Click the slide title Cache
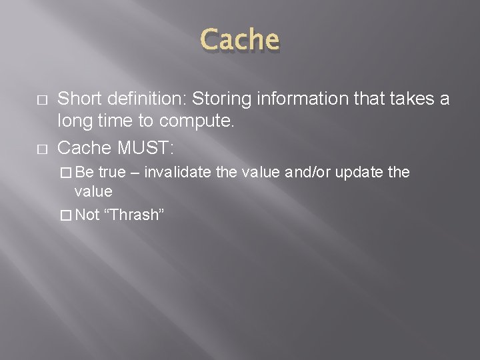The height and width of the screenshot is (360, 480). (240, 39)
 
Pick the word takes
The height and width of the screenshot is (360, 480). (393, 99)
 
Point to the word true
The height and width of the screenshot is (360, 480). (112, 173)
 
